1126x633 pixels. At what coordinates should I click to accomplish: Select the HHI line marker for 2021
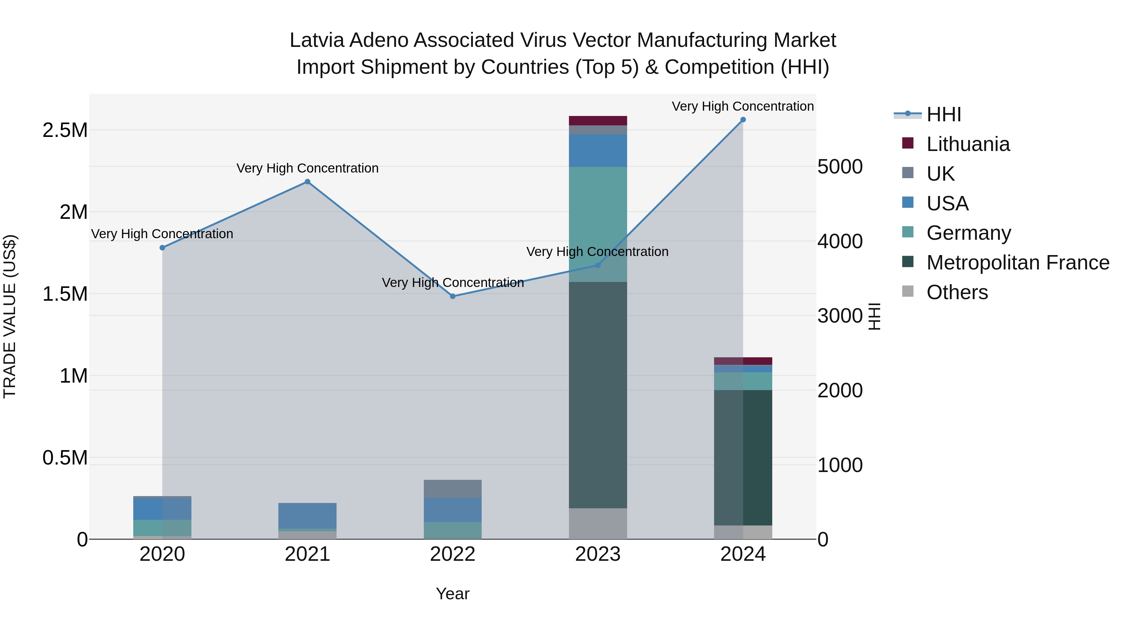[307, 182]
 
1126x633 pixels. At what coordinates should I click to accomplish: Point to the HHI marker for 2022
[453, 296]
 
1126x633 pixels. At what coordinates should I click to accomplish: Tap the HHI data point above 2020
[162, 248]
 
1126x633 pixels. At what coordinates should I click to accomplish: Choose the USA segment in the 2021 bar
[307, 515]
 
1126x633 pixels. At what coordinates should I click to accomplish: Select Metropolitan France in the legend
[1017, 263]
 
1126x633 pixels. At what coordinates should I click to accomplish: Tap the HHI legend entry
[943, 114]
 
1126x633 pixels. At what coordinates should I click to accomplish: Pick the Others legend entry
[956, 292]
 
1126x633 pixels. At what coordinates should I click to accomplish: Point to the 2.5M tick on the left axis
[65, 130]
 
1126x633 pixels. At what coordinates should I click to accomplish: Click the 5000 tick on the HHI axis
[840, 167]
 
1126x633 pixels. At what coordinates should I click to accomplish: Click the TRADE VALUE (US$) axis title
[10, 316]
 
